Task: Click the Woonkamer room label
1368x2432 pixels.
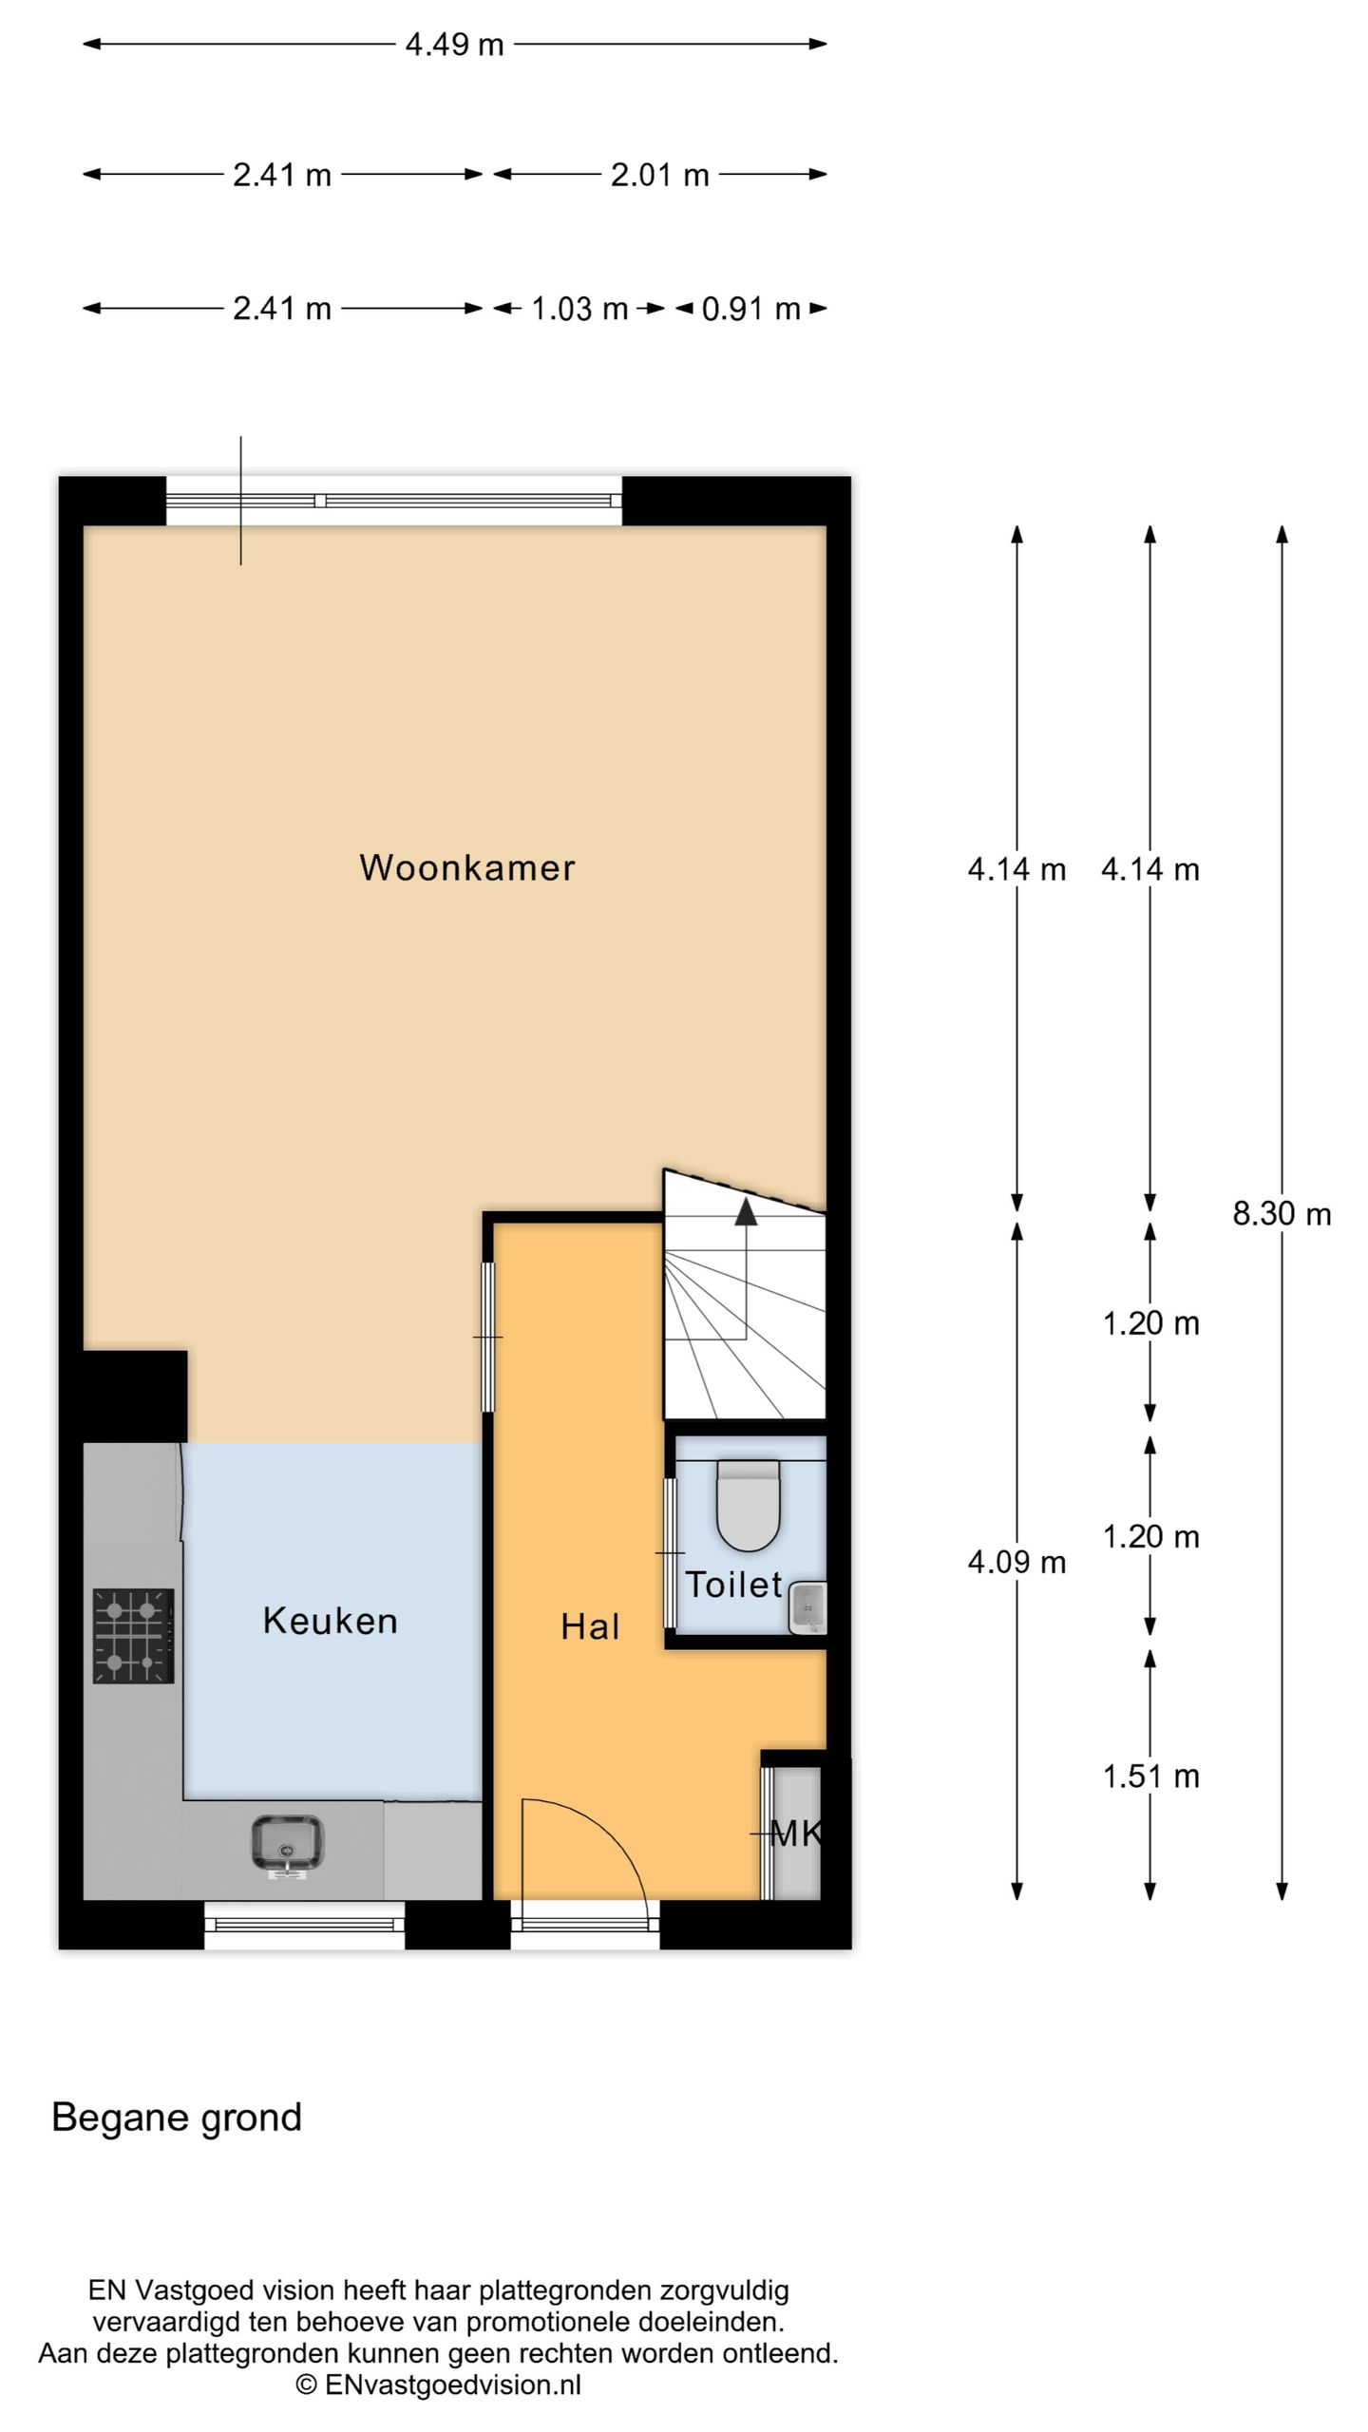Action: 466,867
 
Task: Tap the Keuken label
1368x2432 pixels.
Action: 330,1621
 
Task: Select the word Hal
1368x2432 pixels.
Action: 589,1626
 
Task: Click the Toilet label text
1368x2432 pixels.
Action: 732,1585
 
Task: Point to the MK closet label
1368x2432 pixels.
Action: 794,1833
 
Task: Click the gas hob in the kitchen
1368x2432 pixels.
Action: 133,1636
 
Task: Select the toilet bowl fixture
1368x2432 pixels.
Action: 748,1505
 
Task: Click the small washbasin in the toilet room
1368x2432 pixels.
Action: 807,1607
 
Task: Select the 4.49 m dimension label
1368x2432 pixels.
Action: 454,45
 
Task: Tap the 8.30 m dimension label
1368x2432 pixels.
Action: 1282,1214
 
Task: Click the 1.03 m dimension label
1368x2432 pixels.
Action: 579,309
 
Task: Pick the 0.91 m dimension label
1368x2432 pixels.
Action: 750,309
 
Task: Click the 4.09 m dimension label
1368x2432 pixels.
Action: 1016,1562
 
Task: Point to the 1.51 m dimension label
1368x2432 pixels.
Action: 1150,1776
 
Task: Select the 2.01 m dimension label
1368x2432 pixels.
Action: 659,175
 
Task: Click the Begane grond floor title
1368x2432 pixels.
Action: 177,2118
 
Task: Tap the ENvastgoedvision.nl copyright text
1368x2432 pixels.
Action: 439,2384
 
